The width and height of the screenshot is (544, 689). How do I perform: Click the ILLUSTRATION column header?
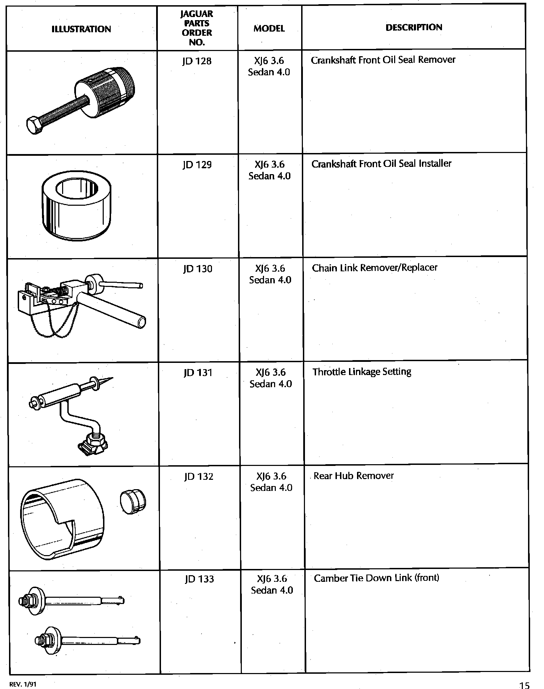point(81,29)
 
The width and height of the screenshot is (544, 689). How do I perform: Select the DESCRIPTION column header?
point(414,27)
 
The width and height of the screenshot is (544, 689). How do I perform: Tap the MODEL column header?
point(269,28)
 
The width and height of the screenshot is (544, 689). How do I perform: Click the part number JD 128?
point(196,61)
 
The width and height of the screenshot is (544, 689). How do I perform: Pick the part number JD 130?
point(197,269)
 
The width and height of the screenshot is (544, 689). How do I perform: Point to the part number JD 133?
point(199,579)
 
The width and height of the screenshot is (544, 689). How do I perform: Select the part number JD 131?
point(198,373)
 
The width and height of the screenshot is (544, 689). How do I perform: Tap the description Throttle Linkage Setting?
point(362,372)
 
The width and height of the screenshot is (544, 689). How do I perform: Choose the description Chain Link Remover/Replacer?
point(374,268)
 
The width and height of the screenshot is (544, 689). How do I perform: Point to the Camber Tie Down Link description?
point(376,578)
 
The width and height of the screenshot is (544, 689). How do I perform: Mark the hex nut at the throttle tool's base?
point(93,443)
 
